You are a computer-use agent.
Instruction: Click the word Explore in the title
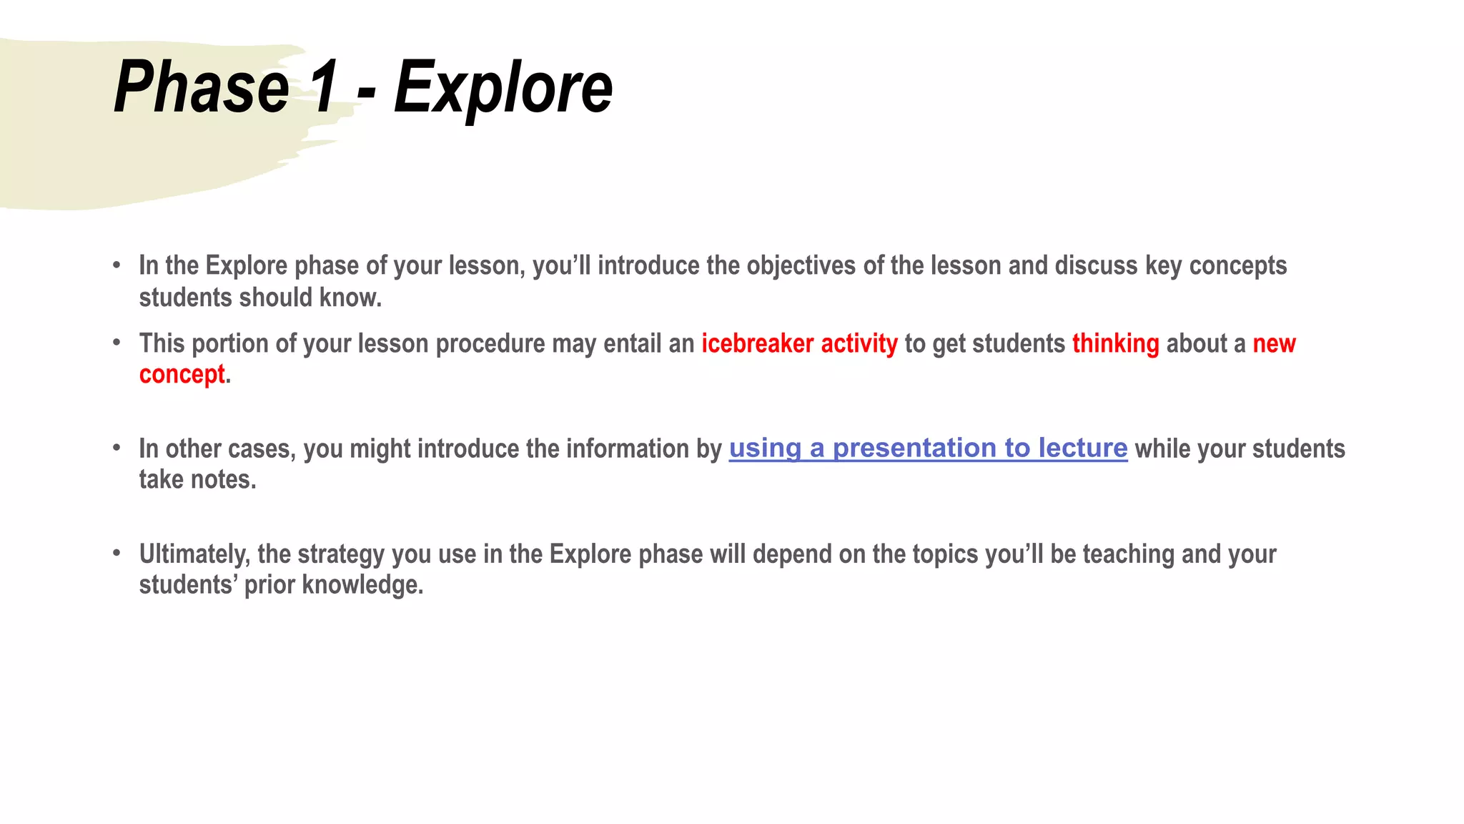pyautogui.click(x=503, y=87)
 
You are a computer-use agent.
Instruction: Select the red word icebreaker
pyautogui.click(x=757, y=343)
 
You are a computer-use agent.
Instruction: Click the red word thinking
pyautogui.click(x=1115, y=343)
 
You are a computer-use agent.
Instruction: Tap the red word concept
pyautogui.click(x=182, y=374)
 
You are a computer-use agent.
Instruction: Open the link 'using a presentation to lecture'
pyautogui.click(x=928, y=448)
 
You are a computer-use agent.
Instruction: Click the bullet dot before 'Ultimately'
pyautogui.click(x=117, y=553)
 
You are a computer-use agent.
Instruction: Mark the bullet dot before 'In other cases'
pyautogui.click(x=117, y=448)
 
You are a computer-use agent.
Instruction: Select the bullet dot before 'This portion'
pyautogui.click(x=117, y=343)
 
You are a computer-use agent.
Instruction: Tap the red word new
pyautogui.click(x=1274, y=343)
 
